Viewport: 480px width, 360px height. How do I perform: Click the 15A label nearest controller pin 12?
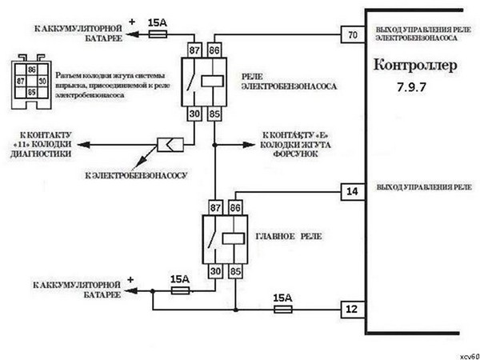click(x=282, y=297)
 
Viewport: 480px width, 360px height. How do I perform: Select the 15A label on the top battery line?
click(x=158, y=23)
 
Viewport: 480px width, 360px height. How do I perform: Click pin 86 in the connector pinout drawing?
click(x=33, y=70)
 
